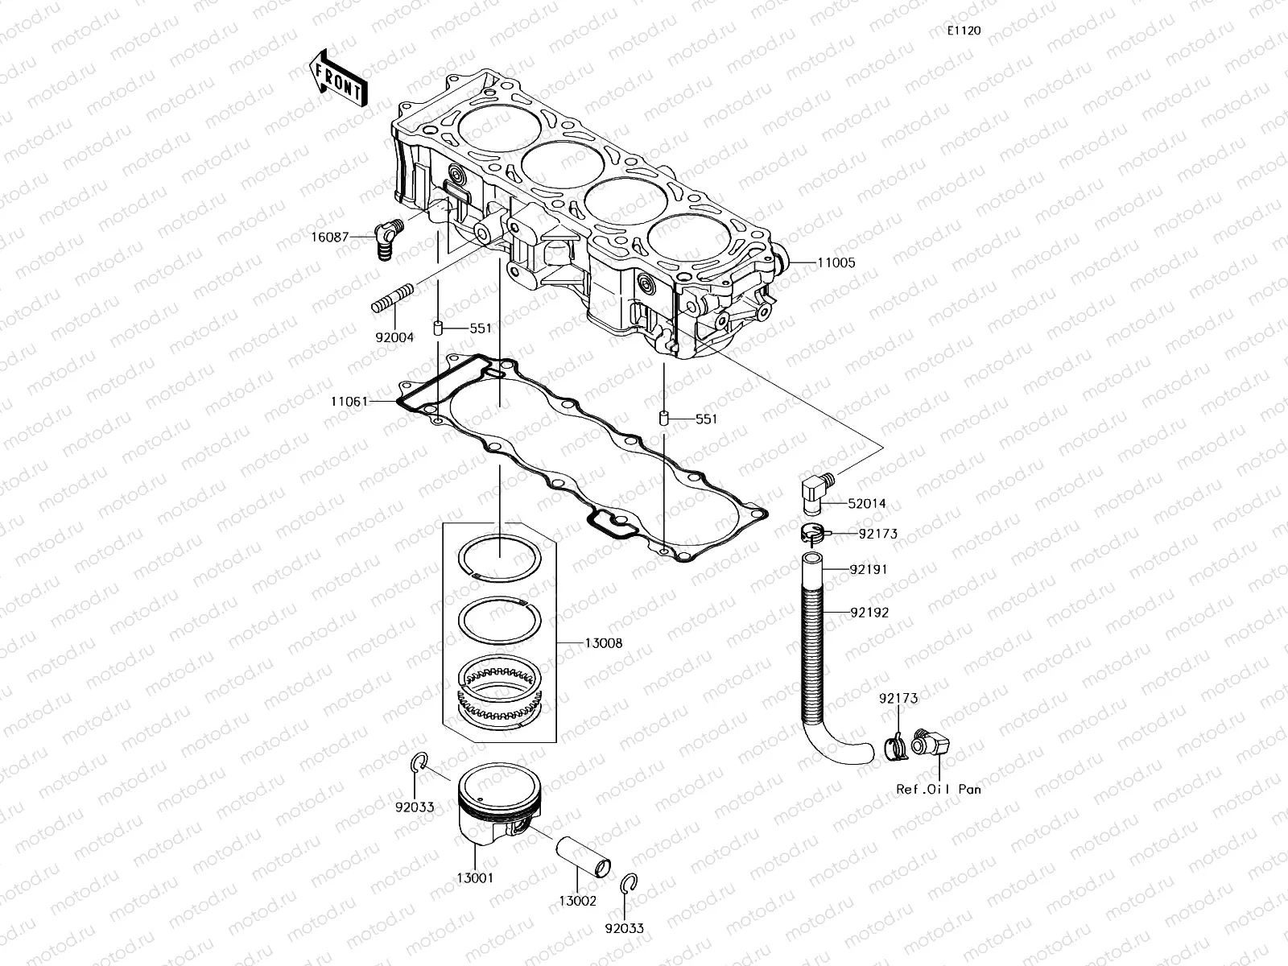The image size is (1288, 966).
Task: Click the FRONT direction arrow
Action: pyautogui.click(x=336, y=78)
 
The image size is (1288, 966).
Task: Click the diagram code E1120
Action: pyautogui.click(x=964, y=31)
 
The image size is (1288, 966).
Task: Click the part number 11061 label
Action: pyautogui.click(x=349, y=400)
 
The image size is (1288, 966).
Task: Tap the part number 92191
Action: pyautogui.click(x=869, y=568)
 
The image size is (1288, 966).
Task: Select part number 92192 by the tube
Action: pyautogui.click(x=869, y=612)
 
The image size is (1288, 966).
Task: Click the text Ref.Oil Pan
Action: pyautogui.click(x=939, y=790)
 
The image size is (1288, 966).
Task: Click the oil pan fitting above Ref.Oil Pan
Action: pyautogui.click(x=930, y=741)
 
